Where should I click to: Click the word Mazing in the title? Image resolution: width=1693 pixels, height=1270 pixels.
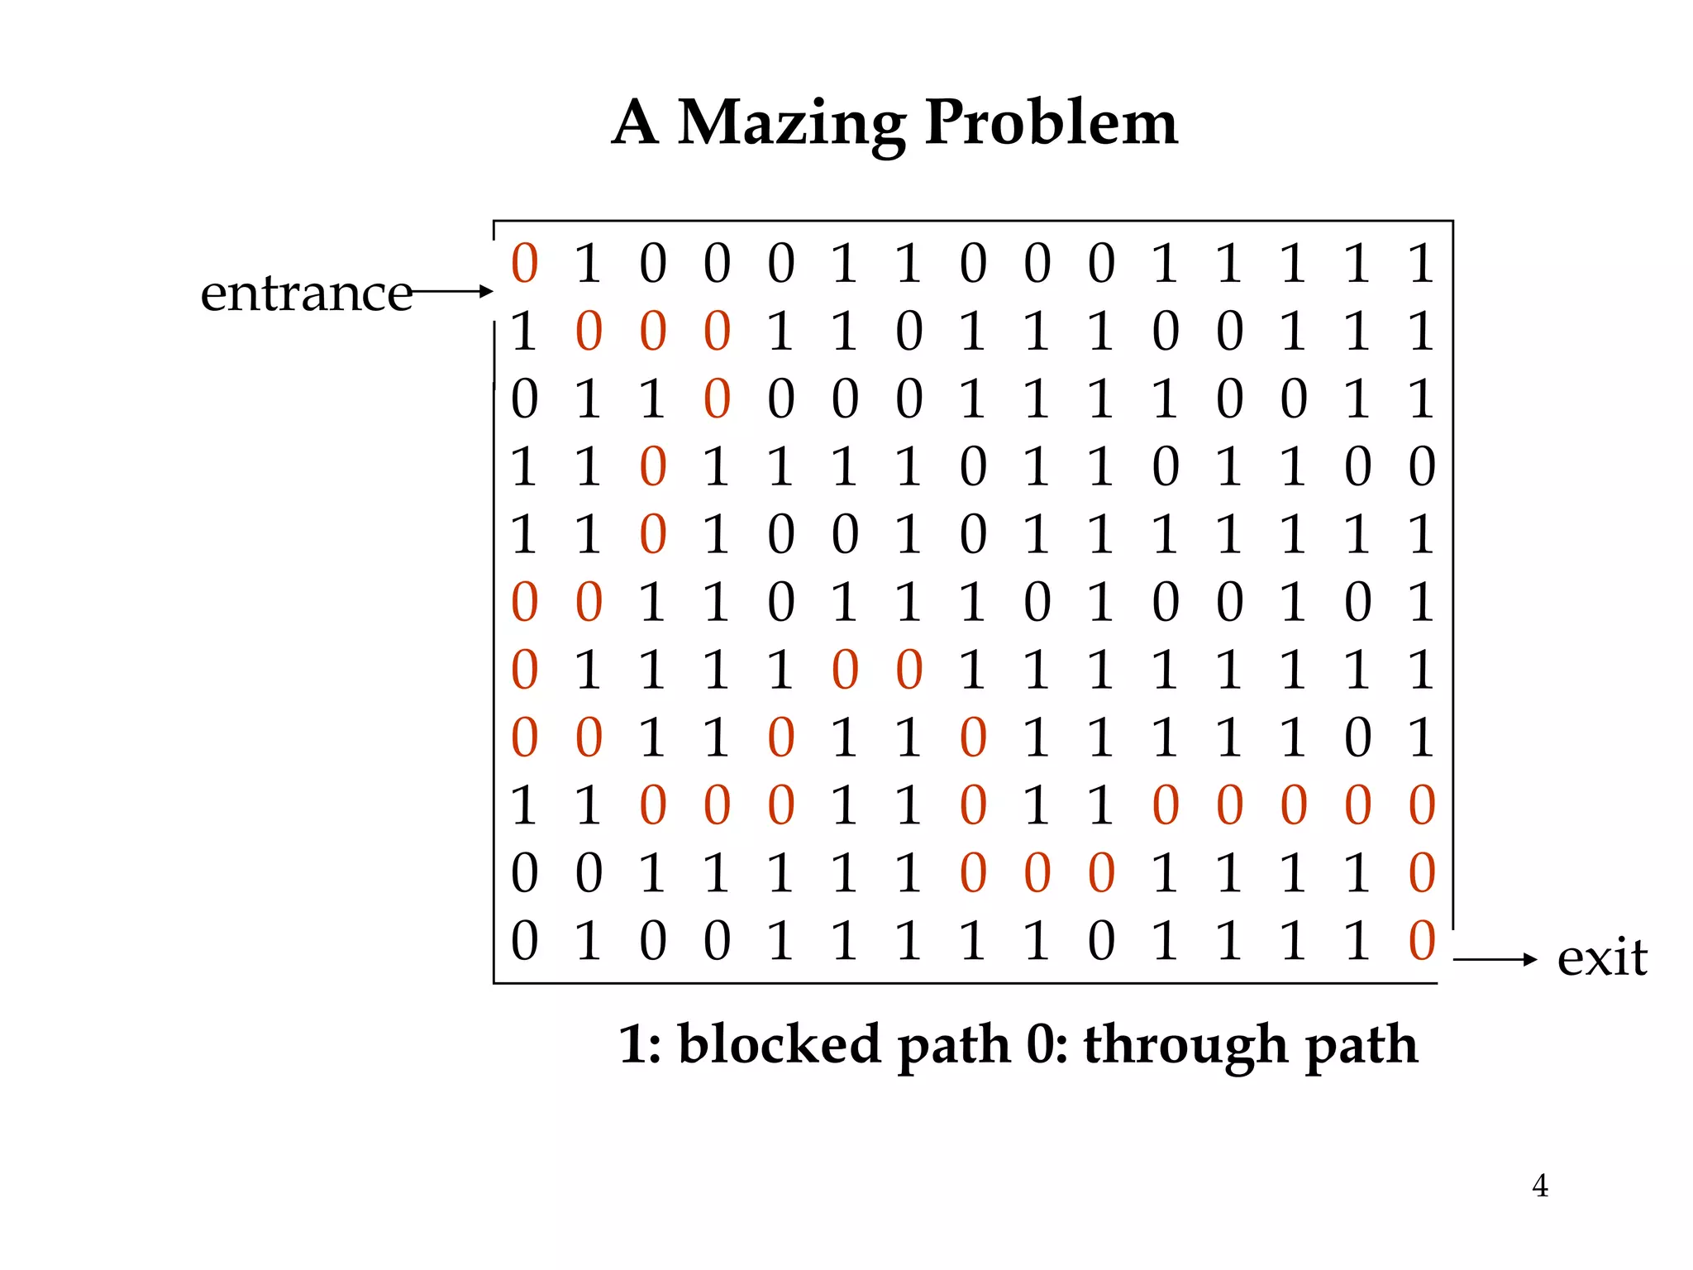pyautogui.click(x=791, y=124)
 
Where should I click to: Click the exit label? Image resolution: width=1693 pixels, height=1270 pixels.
pyautogui.click(x=1601, y=959)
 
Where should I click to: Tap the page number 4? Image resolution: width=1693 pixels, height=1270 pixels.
pyautogui.click(x=1539, y=1186)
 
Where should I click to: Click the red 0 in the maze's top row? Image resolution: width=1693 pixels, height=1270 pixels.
pyautogui.click(x=525, y=264)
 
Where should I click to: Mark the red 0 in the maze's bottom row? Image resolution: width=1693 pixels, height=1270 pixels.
pyautogui.click(x=1422, y=941)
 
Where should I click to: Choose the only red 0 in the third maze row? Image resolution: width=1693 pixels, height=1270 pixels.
pyautogui.click(x=717, y=399)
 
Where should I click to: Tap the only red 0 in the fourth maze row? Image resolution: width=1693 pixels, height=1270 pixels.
pyautogui.click(x=653, y=467)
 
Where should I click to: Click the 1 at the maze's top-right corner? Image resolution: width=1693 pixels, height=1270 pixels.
pyautogui.click(x=1422, y=264)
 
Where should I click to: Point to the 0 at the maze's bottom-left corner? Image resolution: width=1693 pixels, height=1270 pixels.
pyautogui.click(x=525, y=941)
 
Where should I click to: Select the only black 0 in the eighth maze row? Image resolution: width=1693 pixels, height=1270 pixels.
pyautogui.click(x=1357, y=738)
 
